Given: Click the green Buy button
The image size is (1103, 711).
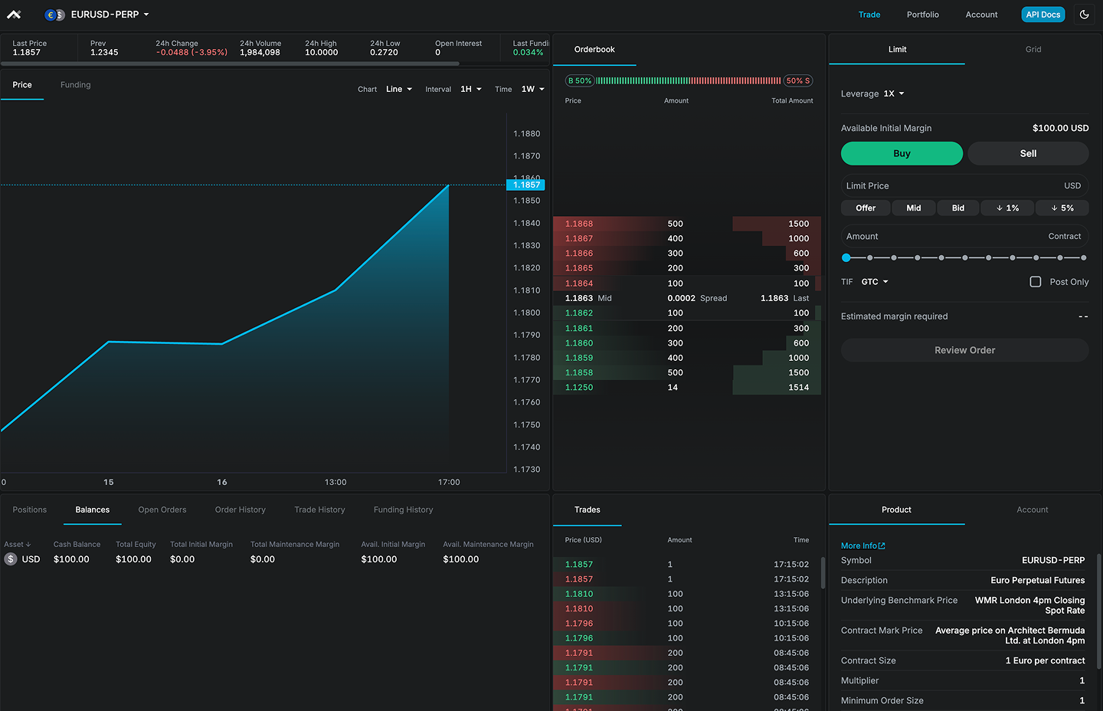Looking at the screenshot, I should (x=902, y=153).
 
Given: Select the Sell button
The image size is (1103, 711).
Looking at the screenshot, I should (x=1028, y=153).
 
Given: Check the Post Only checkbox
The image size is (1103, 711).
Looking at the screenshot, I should (x=1036, y=282).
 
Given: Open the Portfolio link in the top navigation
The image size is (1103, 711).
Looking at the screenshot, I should (x=922, y=15).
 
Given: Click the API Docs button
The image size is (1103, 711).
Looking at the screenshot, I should (x=1042, y=15).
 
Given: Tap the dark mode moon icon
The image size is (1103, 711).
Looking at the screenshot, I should (x=1085, y=15).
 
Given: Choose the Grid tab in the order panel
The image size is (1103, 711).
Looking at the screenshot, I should (x=1033, y=49).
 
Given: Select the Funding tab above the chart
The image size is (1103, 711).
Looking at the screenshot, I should (x=75, y=85).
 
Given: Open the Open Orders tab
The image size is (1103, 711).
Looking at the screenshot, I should (x=162, y=509).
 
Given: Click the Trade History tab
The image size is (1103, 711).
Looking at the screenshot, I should (x=319, y=509).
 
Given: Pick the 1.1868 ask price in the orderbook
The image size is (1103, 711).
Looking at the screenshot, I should (x=579, y=224).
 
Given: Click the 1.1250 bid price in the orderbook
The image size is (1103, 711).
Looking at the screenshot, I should (x=579, y=388).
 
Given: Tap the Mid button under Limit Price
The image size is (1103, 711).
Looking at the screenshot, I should (x=914, y=208).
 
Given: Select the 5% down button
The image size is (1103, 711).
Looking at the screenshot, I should (x=1062, y=208).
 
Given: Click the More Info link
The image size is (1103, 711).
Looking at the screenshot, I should (x=862, y=546).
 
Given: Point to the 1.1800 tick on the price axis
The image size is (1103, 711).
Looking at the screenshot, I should (x=526, y=313).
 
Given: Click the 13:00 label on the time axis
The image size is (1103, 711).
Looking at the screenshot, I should (x=335, y=482).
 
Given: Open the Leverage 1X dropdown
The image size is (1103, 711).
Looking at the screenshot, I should (x=893, y=93).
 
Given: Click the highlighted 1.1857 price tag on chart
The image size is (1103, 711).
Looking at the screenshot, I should (x=526, y=185).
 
